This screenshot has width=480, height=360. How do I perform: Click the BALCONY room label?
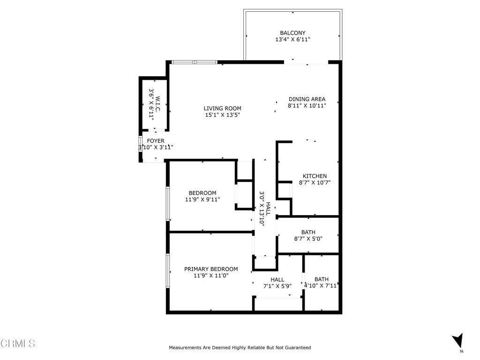point(292,33)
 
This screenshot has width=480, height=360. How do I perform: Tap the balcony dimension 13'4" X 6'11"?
point(292,40)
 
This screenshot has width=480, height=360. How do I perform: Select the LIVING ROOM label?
point(223,108)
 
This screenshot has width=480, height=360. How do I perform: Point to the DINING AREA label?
point(307,99)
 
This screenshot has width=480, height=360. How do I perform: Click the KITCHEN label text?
point(315,176)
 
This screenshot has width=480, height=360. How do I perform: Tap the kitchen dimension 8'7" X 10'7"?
point(315,183)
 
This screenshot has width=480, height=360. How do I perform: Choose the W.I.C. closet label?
point(158,105)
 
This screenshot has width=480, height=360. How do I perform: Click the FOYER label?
point(156,141)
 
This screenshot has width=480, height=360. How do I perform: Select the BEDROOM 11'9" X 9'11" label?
point(202,196)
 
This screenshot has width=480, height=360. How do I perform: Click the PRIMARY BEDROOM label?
point(210,269)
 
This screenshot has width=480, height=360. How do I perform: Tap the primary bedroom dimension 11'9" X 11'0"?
point(210,276)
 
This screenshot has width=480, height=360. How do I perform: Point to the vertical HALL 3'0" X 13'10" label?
point(265,209)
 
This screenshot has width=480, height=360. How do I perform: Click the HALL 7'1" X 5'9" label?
point(277,283)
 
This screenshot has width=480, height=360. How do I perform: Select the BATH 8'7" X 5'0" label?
point(308,235)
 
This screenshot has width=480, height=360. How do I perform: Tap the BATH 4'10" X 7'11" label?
point(322,282)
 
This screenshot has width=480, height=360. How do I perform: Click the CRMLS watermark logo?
point(18,344)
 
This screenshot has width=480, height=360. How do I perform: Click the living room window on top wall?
point(194,62)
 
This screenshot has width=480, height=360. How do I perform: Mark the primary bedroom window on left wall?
point(167,270)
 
